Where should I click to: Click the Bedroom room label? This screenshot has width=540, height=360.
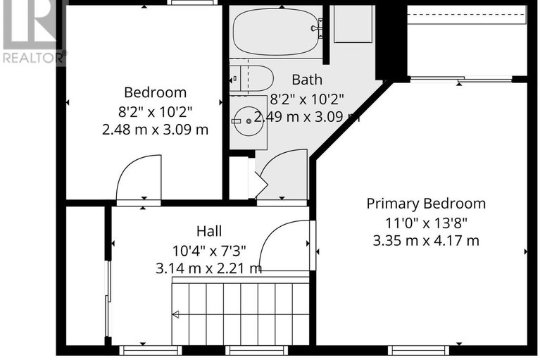[156, 92]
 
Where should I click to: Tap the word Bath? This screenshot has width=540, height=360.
[307, 80]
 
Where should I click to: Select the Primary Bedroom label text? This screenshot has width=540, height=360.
[426, 204]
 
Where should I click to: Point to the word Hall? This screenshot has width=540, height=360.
[209, 231]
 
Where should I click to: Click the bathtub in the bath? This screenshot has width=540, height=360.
[276, 32]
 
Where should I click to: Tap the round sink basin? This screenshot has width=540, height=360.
[249, 121]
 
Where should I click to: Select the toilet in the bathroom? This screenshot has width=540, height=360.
[252, 79]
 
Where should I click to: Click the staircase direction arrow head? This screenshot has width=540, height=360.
[175, 314]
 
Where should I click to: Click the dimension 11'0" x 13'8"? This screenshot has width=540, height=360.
[426, 223]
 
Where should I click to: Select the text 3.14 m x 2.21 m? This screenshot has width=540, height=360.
[209, 268]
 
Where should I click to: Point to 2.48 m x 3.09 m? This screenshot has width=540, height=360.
[156, 130]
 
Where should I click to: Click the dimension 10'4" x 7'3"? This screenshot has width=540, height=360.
[209, 250]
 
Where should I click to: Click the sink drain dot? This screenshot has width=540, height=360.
[249, 121]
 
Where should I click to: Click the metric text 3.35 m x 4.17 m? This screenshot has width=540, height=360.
[426, 240]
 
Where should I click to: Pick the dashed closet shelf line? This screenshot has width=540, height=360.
[467, 15]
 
